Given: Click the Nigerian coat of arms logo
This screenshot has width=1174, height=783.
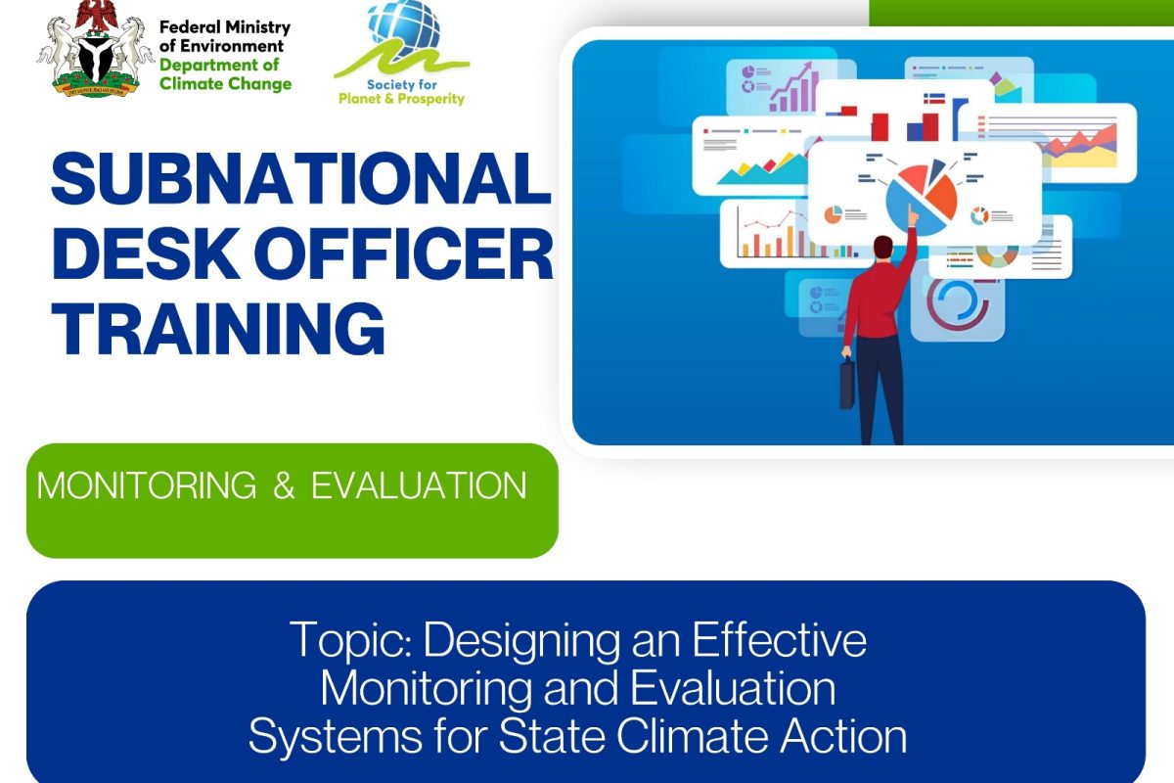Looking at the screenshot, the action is (89, 49).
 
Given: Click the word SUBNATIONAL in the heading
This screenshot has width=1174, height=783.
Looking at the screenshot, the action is (301, 178).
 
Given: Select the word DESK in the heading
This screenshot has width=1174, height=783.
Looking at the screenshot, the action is (147, 253).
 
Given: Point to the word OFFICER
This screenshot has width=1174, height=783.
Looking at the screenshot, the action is (406, 253).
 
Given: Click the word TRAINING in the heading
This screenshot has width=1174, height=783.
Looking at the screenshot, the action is (218, 329).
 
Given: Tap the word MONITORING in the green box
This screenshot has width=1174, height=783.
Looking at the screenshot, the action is (147, 485).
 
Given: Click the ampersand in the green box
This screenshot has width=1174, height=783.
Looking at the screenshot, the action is (284, 485).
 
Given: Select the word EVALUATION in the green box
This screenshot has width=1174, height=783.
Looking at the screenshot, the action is (419, 485).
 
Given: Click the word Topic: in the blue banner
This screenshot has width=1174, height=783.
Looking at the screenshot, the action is (350, 640).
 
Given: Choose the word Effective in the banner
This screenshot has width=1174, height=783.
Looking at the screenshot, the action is (780, 639).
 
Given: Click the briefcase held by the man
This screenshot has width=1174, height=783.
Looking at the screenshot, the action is (847, 384).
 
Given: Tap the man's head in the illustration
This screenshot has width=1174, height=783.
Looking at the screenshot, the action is (883, 248).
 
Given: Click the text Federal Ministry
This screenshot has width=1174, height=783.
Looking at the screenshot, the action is (225, 26).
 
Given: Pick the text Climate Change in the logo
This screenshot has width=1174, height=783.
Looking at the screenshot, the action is (225, 83).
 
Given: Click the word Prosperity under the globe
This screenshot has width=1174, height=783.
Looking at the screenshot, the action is (431, 99).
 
